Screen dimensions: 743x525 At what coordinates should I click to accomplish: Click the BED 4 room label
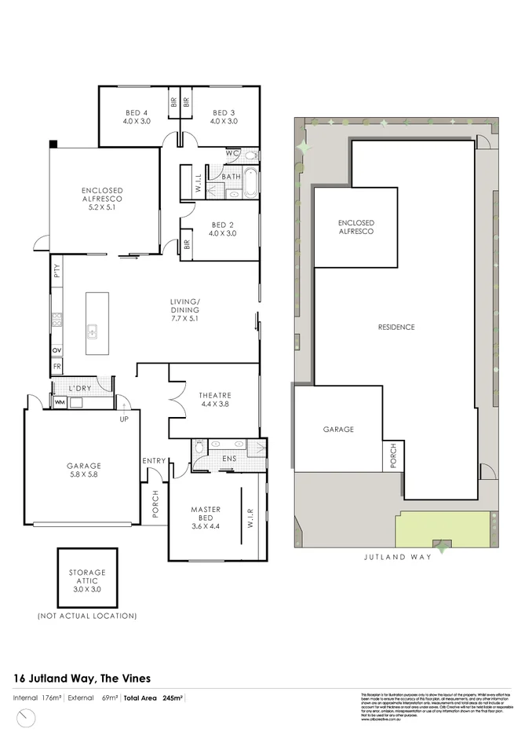[136, 116]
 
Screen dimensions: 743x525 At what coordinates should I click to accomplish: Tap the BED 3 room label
[224, 116]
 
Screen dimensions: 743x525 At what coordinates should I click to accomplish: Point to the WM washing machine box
[60, 402]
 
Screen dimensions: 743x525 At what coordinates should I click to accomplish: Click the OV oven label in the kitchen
[57, 350]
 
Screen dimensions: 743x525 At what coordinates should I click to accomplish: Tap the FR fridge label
[57, 366]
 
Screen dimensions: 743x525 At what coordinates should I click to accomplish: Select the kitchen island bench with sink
[97, 324]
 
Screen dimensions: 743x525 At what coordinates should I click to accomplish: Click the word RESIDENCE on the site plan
[396, 327]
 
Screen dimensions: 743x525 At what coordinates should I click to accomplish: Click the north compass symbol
[27, 718]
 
